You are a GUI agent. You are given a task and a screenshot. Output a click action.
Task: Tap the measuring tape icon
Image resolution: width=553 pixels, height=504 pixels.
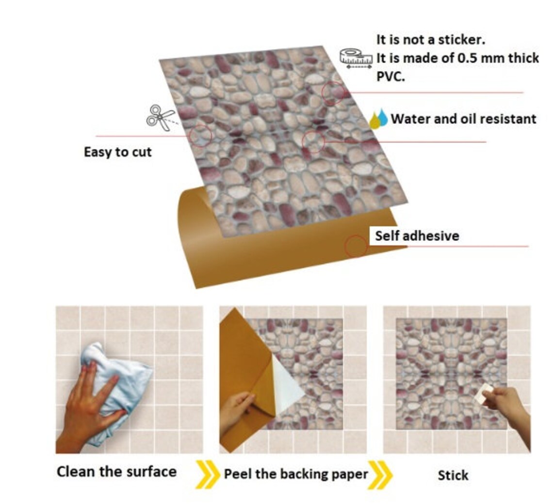(x=356, y=58)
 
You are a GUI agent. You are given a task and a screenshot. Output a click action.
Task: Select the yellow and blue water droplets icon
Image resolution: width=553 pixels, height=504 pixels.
(x=379, y=119)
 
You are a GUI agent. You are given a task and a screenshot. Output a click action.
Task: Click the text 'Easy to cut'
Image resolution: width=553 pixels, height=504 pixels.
(x=118, y=152)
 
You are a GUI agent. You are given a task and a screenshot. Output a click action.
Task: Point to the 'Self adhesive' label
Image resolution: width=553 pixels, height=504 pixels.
(x=417, y=236)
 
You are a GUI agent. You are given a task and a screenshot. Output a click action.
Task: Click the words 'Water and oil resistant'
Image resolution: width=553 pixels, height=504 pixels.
(x=464, y=118)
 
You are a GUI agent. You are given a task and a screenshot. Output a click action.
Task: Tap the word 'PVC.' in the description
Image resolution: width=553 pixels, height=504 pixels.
(x=390, y=77)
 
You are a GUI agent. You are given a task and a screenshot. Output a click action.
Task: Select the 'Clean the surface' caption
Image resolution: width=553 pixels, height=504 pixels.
(x=116, y=471)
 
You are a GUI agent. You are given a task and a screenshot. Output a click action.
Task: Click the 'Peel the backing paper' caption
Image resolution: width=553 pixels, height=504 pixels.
(x=295, y=474)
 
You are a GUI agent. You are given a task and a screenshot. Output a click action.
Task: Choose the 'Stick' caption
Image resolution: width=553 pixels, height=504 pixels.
(x=453, y=475)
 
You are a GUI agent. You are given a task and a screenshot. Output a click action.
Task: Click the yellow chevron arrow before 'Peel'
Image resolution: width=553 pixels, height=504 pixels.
(x=207, y=474)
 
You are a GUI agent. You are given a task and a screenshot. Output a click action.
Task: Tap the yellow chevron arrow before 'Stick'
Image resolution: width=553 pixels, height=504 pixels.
(x=380, y=474)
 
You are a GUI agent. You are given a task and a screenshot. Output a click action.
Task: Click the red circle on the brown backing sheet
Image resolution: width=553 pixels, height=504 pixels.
(x=356, y=247)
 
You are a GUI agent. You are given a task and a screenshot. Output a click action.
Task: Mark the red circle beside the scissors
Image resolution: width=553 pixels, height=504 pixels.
(x=200, y=135)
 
